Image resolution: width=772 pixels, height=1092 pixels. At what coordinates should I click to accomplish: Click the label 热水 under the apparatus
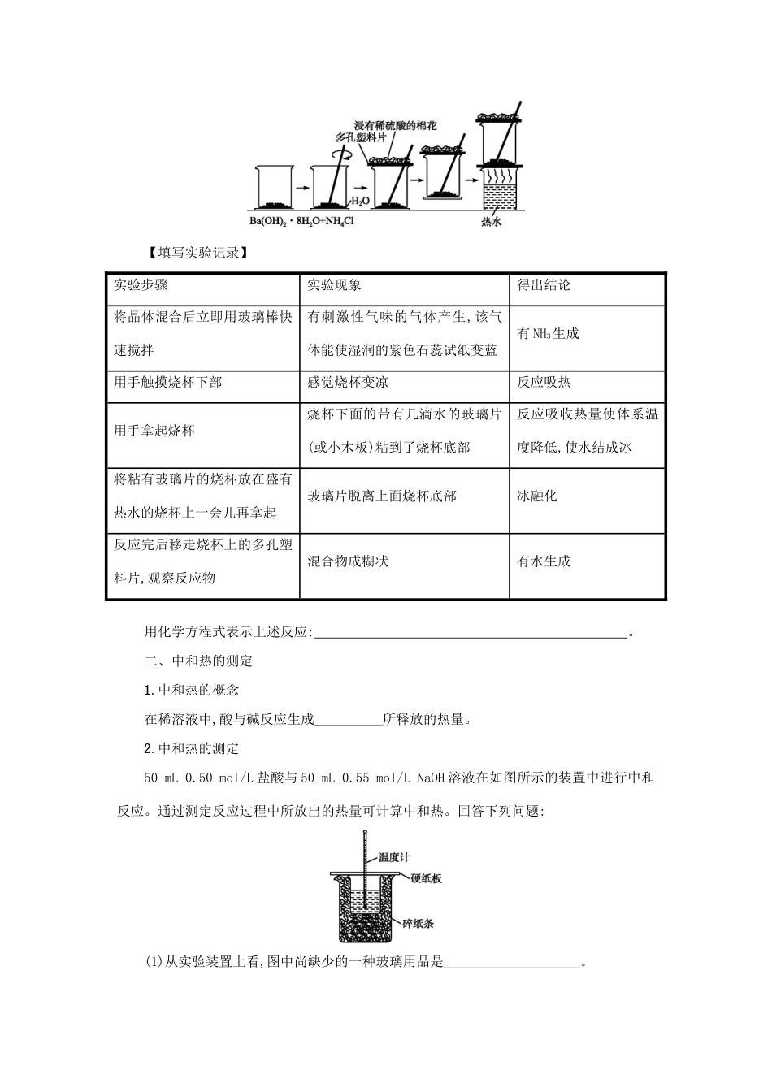pos(490,221)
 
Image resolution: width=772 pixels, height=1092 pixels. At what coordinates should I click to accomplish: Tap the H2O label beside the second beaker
pos(359,200)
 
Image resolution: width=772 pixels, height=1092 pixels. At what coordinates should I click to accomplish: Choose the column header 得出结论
pos(544,285)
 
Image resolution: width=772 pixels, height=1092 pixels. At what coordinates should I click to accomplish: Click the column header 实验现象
pos(334,285)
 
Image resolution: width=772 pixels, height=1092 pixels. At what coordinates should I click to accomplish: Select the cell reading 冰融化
pos(537,496)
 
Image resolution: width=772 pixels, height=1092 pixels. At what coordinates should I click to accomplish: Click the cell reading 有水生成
pos(544,561)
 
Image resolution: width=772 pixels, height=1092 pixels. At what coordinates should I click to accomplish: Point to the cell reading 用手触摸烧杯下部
pos(167,382)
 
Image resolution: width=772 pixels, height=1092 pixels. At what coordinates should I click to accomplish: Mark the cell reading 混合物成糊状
pos(347,561)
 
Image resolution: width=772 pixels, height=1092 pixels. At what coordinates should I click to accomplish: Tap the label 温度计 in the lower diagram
pos(394,857)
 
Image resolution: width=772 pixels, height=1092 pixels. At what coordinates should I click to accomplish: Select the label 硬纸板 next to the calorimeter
pos(426,878)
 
